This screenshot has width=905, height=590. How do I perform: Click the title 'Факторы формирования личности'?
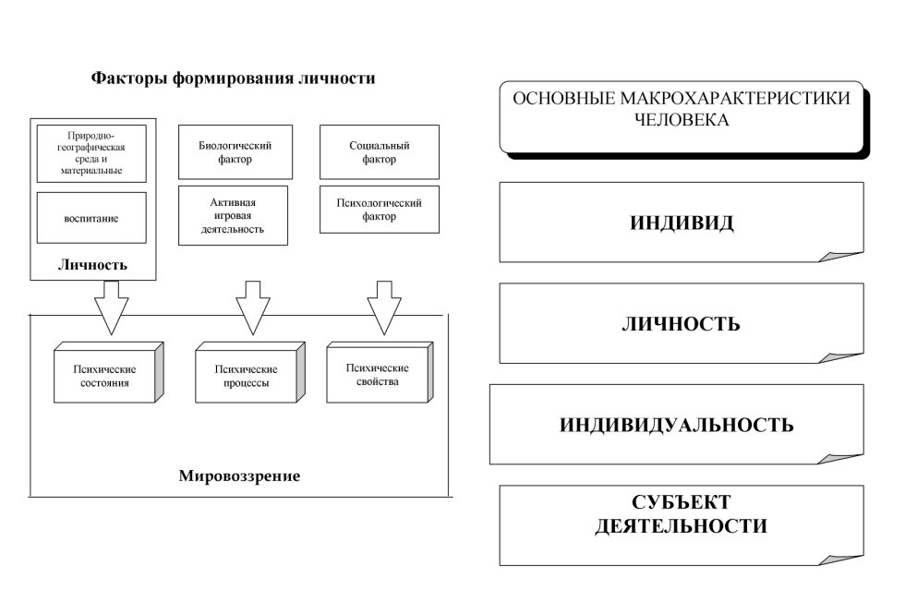[x=232, y=78]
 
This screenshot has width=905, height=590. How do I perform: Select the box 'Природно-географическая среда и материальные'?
[x=91, y=153]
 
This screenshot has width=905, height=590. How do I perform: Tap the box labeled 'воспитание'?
[x=91, y=218]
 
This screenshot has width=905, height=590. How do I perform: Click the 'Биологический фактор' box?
[x=235, y=152]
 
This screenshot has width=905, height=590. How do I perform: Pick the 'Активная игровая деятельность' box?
[x=233, y=215]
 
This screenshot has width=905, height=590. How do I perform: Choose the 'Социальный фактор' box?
[x=380, y=152]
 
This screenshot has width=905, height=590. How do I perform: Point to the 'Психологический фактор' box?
[x=380, y=210]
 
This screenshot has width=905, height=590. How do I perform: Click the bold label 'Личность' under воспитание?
[x=91, y=265]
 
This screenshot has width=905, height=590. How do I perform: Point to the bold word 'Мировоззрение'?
[x=239, y=477]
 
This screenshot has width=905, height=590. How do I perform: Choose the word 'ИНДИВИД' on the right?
[x=682, y=223]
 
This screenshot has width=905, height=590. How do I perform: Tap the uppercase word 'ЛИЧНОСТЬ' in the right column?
[x=682, y=323]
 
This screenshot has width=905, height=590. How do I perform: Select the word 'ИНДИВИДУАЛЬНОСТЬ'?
[x=677, y=425]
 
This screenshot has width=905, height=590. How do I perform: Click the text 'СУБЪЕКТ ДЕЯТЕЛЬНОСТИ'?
[x=682, y=515]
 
